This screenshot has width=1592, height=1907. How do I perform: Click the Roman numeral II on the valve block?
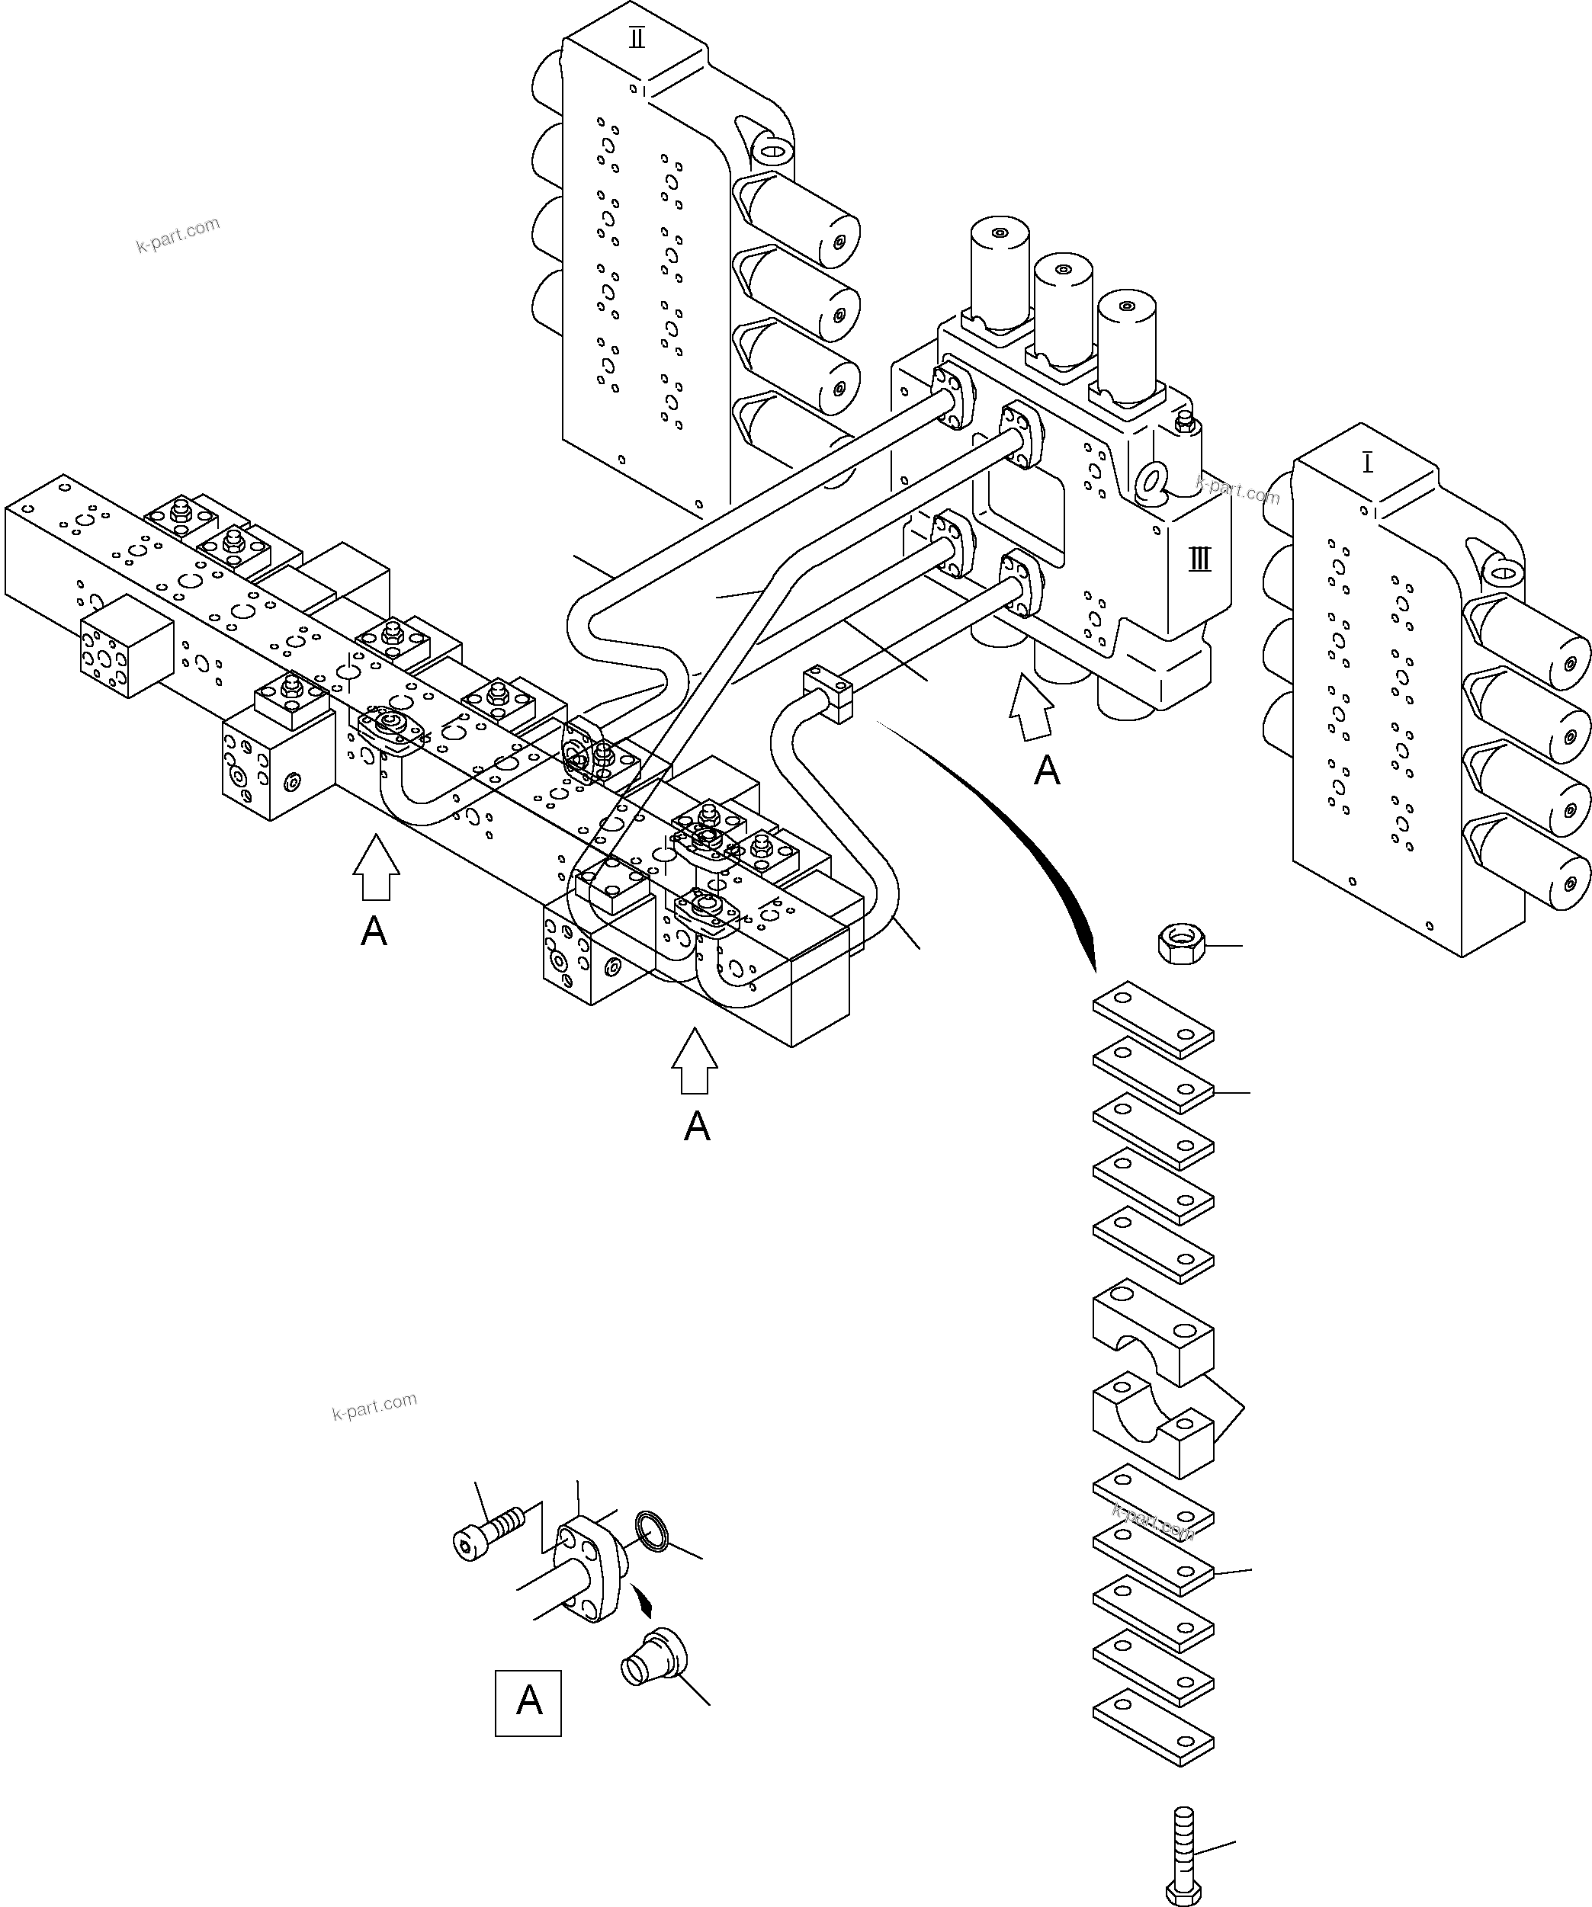637,39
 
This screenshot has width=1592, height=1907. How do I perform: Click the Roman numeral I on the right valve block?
1368,464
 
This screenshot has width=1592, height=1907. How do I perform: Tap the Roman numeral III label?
1199,559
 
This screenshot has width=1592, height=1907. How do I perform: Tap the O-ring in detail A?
652,1531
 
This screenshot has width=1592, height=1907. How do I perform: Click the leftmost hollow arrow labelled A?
376,867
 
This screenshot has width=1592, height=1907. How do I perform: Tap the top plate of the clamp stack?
1154,1019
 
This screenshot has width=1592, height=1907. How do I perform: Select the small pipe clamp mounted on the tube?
829,694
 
